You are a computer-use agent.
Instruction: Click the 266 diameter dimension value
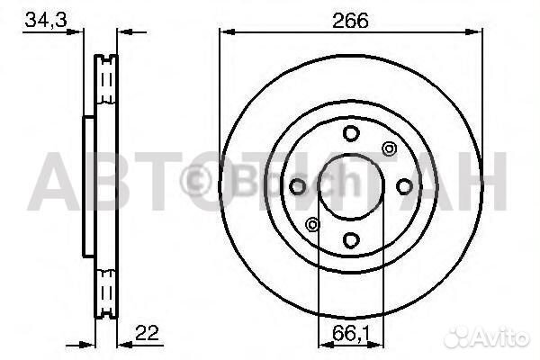tap(351, 20)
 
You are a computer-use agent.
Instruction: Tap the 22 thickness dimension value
tap(148, 333)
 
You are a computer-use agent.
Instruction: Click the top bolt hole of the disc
tap(351, 133)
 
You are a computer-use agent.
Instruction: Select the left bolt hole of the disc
tap(297, 186)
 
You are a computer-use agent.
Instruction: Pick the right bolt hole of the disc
tap(404, 186)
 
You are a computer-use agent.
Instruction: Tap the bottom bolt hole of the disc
tap(351, 239)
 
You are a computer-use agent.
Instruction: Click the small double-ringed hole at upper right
tap(389, 148)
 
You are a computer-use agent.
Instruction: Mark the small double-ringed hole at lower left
tap(312, 224)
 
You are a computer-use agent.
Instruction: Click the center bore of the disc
tap(351, 186)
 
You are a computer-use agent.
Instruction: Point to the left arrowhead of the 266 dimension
tap(225, 31)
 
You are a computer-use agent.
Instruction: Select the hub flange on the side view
tap(88, 186)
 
